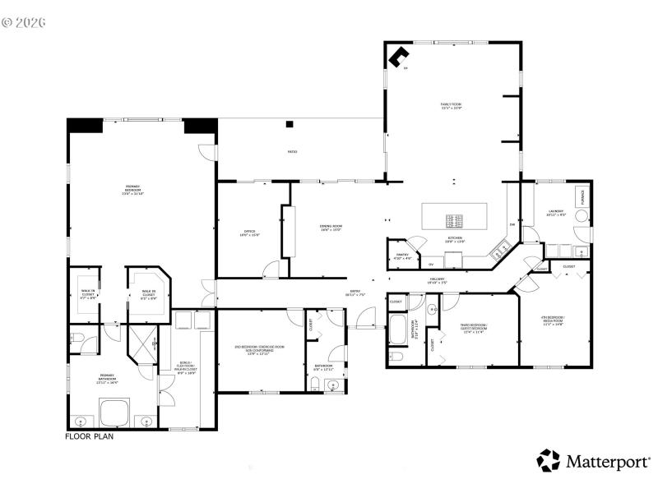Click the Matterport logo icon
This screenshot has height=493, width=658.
point(548,460)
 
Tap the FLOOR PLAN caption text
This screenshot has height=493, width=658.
point(89,437)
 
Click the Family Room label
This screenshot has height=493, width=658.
point(451,106)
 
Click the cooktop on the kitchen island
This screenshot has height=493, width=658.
point(455,220)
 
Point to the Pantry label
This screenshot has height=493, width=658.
point(403,257)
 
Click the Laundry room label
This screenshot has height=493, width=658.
point(556,213)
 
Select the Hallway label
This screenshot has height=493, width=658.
point(437,280)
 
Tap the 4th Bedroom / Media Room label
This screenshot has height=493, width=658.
point(554,320)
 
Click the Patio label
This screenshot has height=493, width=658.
point(292,152)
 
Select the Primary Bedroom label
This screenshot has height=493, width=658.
point(132,191)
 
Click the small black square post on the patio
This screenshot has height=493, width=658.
point(290,124)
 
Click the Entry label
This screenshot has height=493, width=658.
point(355,293)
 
